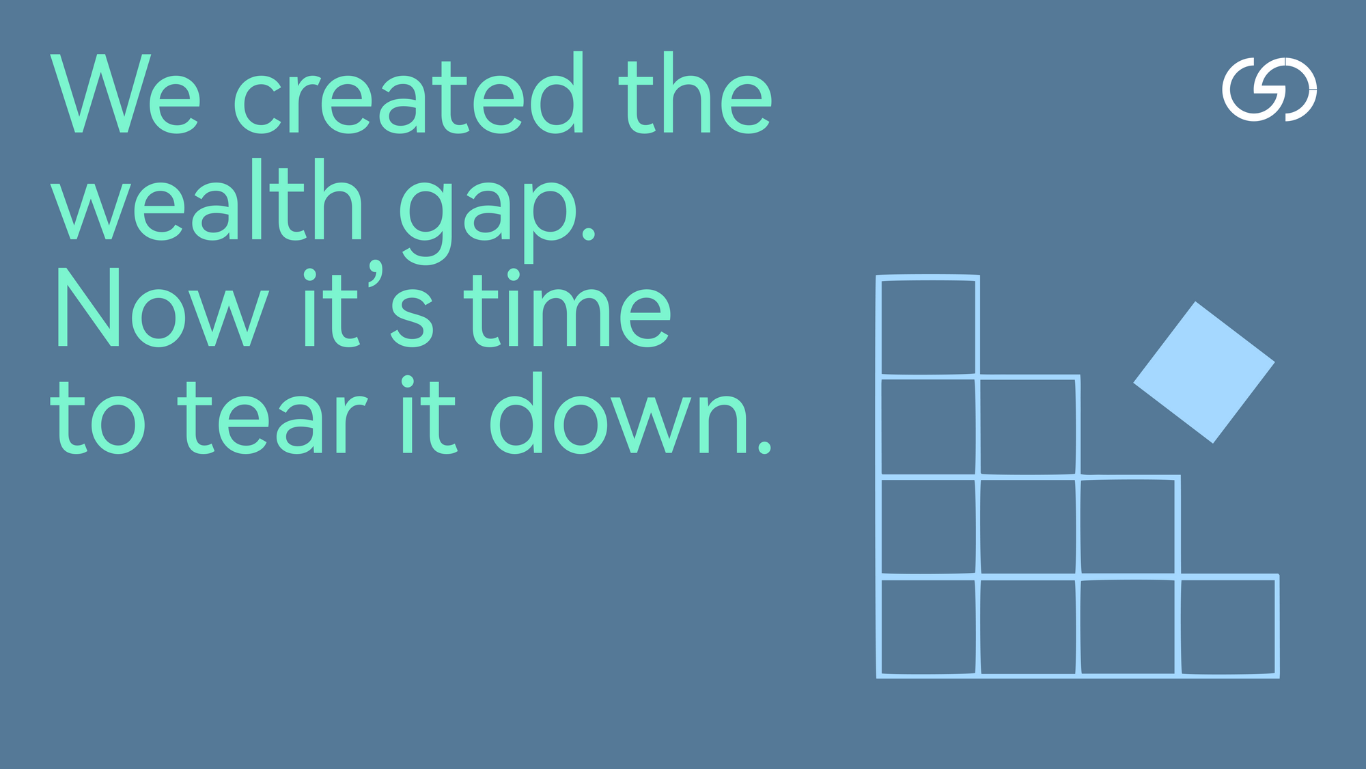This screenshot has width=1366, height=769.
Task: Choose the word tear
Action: coord(273,417)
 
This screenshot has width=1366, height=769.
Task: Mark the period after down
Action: coord(765,448)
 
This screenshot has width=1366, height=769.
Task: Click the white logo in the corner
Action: coord(1269,90)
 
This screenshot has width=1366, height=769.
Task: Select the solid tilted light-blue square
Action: coord(1203,373)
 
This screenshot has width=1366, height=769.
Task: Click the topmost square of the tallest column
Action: coord(928,327)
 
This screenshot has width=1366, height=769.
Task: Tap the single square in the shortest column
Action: coord(1228,627)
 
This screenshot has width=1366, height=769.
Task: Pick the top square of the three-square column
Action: coord(1029,426)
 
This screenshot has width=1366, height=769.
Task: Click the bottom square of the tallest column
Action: coord(928,627)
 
